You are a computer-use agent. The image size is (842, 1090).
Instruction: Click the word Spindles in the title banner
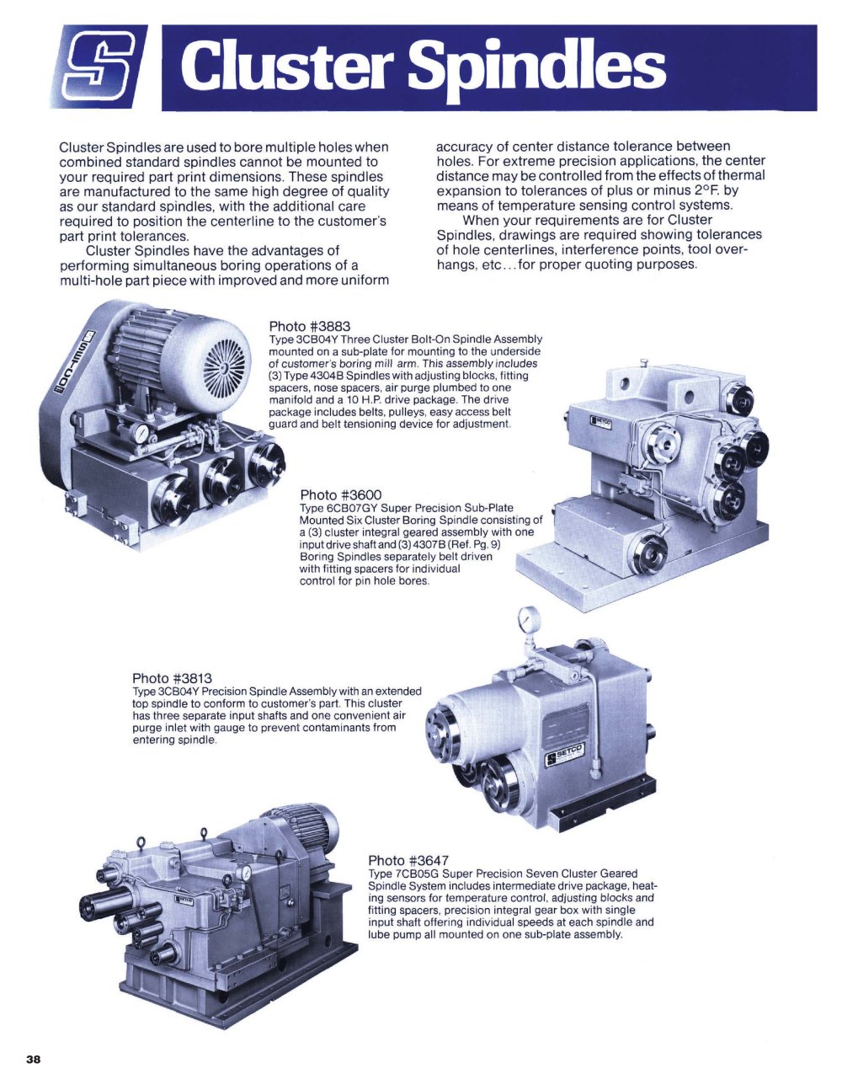537,67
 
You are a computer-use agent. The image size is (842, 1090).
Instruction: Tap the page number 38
34,1060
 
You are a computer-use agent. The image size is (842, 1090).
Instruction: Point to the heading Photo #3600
341,495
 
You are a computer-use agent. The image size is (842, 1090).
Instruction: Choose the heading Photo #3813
172,678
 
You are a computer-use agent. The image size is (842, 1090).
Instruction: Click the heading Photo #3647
408,861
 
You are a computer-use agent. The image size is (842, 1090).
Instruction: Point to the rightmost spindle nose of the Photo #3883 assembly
267,462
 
